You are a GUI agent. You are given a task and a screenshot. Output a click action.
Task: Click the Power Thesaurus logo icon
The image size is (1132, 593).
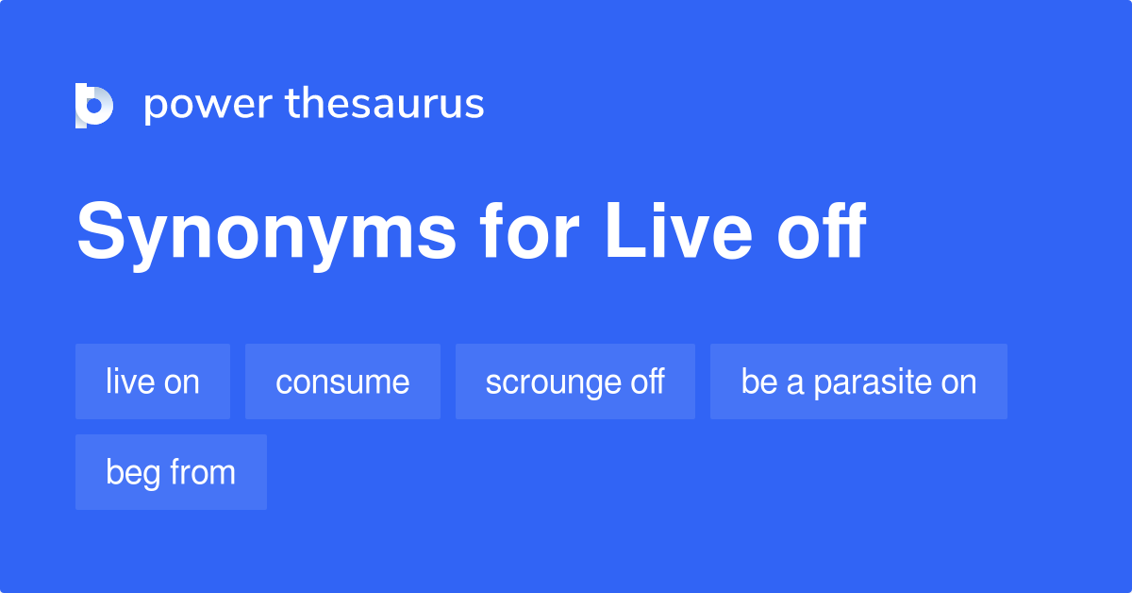(x=94, y=105)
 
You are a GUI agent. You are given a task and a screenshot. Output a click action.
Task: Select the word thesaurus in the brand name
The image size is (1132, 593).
(x=385, y=104)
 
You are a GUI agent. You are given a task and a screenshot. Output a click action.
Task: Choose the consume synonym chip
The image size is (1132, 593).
(x=342, y=381)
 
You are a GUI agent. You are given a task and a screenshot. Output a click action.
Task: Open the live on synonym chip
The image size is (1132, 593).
(x=153, y=381)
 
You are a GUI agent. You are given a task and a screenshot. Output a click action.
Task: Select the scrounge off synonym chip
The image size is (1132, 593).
(x=574, y=381)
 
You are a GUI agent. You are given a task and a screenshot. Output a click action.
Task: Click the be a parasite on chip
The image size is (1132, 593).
(x=858, y=381)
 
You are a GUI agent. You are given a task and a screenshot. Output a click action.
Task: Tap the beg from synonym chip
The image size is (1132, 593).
(x=171, y=472)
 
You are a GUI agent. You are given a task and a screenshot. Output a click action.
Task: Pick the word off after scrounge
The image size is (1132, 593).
(x=644, y=381)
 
